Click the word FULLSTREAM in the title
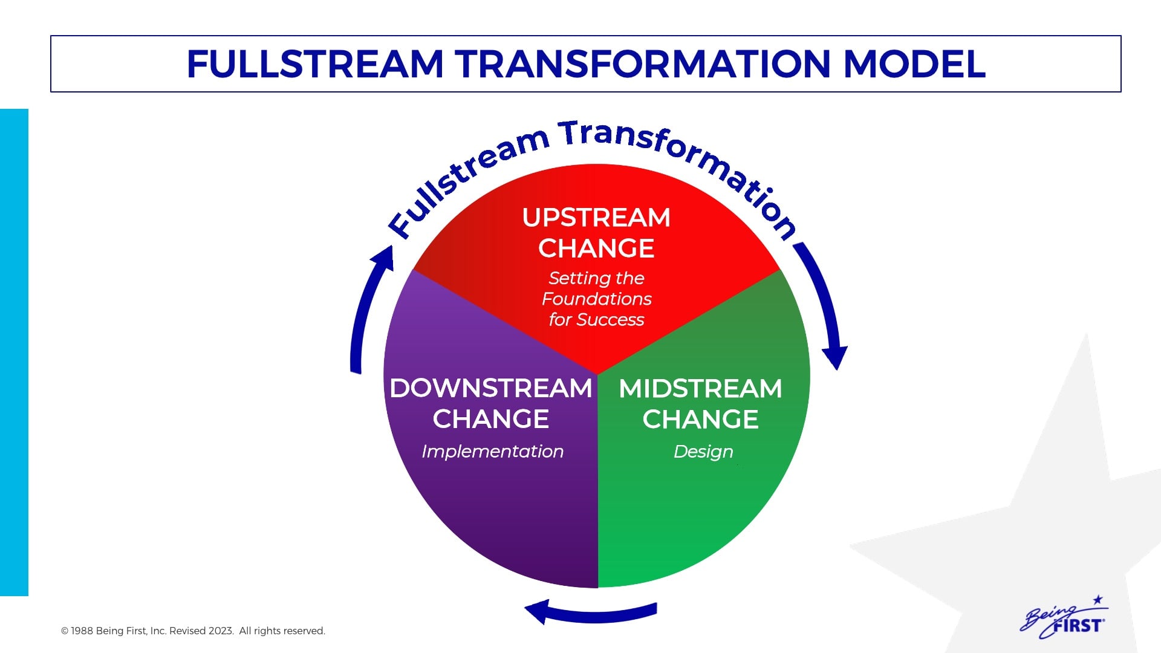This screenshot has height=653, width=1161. pyautogui.click(x=315, y=64)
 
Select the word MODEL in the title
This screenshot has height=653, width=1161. pyautogui.click(x=914, y=64)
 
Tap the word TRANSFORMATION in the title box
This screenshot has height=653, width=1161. pyautogui.click(x=642, y=64)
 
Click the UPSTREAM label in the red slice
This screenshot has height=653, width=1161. pyautogui.click(x=596, y=218)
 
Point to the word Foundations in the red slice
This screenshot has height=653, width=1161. pyautogui.click(x=596, y=299)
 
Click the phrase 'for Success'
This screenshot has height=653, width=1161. pyautogui.click(x=596, y=319)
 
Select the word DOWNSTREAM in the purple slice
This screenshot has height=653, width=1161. pyautogui.click(x=490, y=388)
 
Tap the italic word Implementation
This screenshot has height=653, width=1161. pyautogui.click(x=492, y=451)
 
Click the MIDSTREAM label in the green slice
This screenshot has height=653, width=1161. pyautogui.click(x=700, y=388)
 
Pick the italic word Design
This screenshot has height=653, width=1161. pyautogui.click(x=703, y=451)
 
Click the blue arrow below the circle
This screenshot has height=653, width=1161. pyautogui.click(x=590, y=612)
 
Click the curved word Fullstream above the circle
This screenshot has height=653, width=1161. pyautogui.click(x=466, y=175)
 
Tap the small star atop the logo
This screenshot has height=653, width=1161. pyautogui.click(x=1098, y=600)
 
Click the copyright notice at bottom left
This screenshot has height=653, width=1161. pyautogui.click(x=193, y=631)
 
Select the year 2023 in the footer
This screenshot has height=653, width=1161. pyautogui.click(x=221, y=631)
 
